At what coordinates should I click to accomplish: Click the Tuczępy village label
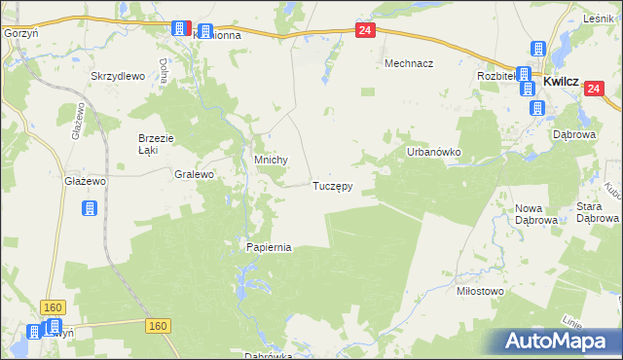[332, 185]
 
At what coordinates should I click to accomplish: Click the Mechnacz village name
[409, 63]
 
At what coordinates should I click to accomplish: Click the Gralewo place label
[193, 175]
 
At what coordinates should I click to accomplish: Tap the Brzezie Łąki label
[155, 144]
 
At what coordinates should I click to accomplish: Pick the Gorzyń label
[19, 32]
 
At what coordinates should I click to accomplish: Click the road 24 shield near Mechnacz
[364, 31]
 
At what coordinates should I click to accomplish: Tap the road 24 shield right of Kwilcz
[594, 89]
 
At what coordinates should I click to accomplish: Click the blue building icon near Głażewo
[89, 208]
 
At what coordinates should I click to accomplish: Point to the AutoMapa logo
[557, 341]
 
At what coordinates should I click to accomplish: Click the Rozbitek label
[495, 76]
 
